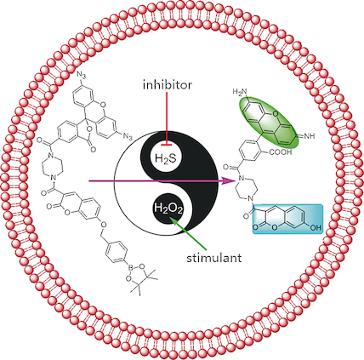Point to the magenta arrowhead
click(235, 180)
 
